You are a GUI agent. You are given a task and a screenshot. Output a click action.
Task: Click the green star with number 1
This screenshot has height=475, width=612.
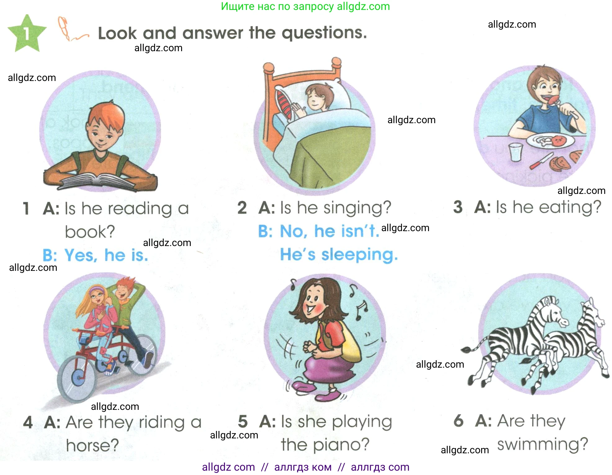point(27,34)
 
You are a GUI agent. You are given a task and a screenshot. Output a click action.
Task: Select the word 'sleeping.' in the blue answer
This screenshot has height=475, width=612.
point(360,255)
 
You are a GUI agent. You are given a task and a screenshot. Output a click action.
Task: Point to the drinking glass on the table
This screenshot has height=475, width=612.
point(516,152)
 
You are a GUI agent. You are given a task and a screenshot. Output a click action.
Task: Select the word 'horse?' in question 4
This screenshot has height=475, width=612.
point(92,445)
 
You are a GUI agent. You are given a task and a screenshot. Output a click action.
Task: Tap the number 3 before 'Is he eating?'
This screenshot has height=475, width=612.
point(458,207)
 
